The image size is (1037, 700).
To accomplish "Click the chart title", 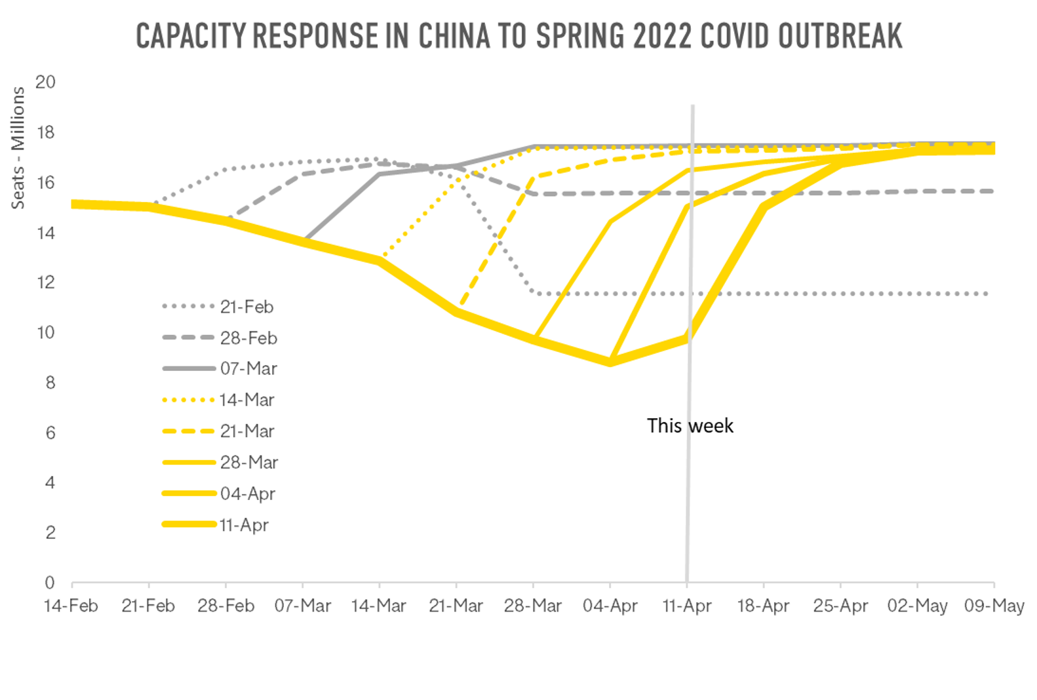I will (519, 36).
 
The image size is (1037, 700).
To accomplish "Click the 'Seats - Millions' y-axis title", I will (18, 148).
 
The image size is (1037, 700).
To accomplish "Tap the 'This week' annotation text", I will (690, 426).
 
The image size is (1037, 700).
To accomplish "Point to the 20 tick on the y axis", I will (45, 82).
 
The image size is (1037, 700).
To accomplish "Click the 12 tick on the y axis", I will (46, 282).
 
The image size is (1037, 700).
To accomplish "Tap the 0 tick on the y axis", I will (50, 583).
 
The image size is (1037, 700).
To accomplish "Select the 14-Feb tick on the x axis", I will (71, 606).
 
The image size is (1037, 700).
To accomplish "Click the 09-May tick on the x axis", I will (994, 606).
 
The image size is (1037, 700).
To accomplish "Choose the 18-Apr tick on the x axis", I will (763, 606).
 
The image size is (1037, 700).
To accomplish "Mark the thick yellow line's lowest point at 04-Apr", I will (610, 362).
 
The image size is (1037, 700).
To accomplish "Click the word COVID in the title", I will (735, 36).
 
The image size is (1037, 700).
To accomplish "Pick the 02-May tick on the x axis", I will (917, 606).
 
